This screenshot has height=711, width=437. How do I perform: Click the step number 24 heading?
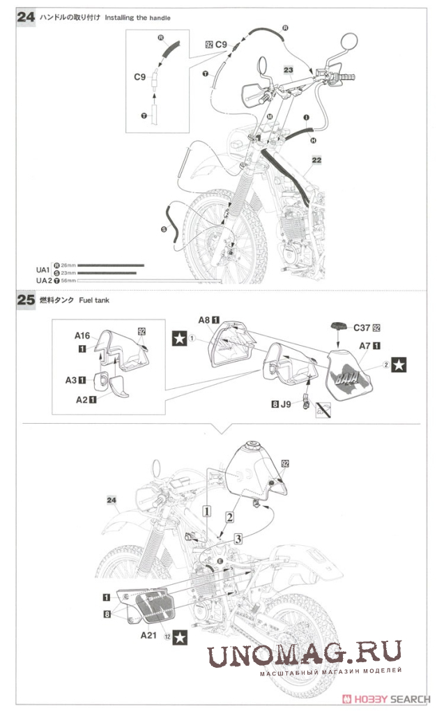[25, 16]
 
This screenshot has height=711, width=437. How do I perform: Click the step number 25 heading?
[25, 300]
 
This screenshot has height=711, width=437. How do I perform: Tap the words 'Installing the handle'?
[137, 17]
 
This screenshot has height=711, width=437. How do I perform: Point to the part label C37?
[362, 327]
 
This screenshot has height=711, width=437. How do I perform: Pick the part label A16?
[83, 335]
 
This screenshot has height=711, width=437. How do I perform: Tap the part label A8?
[204, 319]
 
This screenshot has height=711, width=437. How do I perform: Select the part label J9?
[285, 402]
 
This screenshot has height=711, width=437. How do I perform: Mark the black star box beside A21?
[180, 636]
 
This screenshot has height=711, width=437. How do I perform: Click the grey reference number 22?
[317, 160]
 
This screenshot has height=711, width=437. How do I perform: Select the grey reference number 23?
[289, 70]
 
